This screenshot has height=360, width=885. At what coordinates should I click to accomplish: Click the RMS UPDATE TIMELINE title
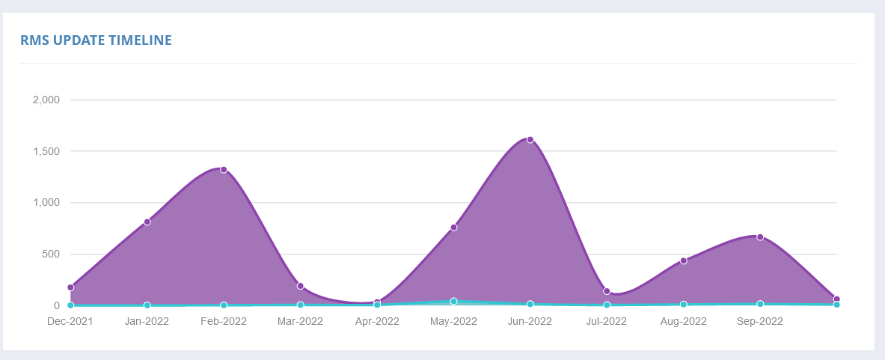pyautogui.click(x=96, y=40)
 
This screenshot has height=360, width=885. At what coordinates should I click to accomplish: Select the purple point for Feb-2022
pyautogui.click(x=224, y=170)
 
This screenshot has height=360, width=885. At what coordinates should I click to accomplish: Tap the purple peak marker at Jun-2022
pyautogui.click(x=530, y=139)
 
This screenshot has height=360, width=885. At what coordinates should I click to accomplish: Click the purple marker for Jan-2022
pyautogui.click(x=147, y=222)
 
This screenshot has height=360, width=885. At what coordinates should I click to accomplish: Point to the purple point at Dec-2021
pyautogui.click(x=70, y=287)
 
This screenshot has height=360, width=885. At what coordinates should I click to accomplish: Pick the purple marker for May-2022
pyautogui.click(x=454, y=228)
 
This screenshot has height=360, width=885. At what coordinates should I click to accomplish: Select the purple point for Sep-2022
pyautogui.click(x=760, y=237)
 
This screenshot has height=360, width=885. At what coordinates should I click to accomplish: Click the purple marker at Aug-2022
pyautogui.click(x=684, y=260)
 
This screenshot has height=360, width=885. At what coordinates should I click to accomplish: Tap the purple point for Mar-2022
pyautogui.click(x=300, y=286)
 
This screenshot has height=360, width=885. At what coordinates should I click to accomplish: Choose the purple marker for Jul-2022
pyautogui.click(x=607, y=291)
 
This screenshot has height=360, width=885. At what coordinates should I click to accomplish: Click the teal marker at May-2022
pyautogui.click(x=454, y=302)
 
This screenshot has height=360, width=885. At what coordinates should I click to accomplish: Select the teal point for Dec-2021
pyautogui.click(x=70, y=305)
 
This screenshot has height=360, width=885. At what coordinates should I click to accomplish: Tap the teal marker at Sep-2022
pyautogui.click(x=760, y=304)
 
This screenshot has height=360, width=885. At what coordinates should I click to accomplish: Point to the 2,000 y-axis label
pyautogui.click(x=47, y=100)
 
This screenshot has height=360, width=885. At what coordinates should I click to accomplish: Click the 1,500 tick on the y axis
pyautogui.click(x=47, y=151)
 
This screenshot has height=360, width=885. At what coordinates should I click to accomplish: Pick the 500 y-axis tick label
pyautogui.click(x=51, y=254)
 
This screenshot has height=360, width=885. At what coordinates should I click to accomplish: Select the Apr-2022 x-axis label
pyautogui.click(x=377, y=322)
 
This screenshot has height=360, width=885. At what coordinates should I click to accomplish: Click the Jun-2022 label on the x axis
pyautogui.click(x=530, y=322)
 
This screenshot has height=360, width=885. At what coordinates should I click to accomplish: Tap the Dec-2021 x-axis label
pyautogui.click(x=70, y=322)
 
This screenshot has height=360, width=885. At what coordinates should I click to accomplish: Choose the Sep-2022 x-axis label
pyautogui.click(x=760, y=322)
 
